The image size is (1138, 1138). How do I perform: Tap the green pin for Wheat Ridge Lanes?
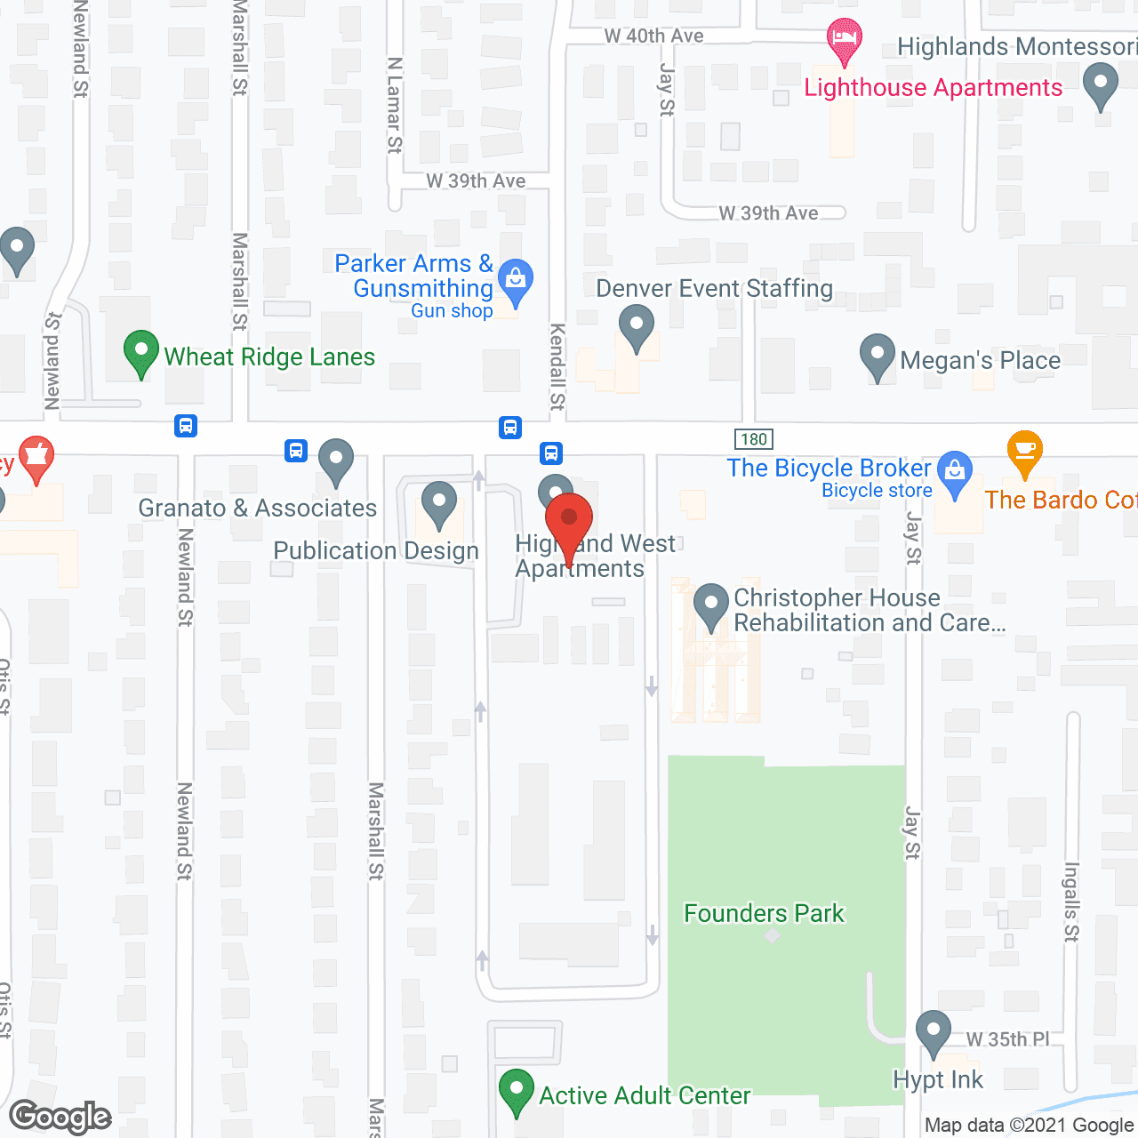(x=140, y=352)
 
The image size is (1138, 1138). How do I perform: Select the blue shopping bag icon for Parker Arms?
(x=516, y=282)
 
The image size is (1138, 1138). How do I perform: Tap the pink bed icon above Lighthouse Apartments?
(x=844, y=40)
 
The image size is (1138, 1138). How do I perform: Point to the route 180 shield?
(x=754, y=439)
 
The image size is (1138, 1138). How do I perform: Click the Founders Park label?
(x=764, y=913)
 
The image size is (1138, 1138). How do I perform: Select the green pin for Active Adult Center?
(x=517, y=1090)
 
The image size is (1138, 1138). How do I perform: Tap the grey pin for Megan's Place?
(x=878, y=356)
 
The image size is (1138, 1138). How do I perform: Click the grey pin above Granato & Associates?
(x=336, y=461)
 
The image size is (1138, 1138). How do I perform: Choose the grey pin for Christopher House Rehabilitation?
(x=711, y=605)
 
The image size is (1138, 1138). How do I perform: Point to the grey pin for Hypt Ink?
(x=934, y=1033)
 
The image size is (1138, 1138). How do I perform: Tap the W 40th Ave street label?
(x=653, y=36)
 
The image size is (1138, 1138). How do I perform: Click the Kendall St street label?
(x=557, y=366)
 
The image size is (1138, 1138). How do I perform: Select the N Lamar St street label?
(x=395, y=105)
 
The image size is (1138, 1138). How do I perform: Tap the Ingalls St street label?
(x=1071, y=902)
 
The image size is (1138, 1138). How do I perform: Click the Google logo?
(x=60, y=1118)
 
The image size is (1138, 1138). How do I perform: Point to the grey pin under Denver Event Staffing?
(x=637, y=327)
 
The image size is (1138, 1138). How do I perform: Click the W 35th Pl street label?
(x=1007, y=1038)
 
